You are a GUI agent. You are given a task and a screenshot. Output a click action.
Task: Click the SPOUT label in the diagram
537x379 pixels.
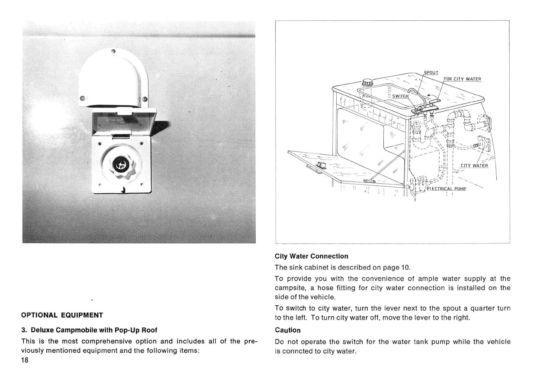[431, 73]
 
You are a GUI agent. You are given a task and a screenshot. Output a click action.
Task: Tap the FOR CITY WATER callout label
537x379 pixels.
[463, 79]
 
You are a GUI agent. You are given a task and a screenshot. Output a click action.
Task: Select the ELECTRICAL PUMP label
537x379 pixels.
[446, 188]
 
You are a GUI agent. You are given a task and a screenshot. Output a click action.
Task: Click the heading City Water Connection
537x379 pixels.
[312, 256]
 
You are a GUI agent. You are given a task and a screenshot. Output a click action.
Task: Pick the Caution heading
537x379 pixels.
[288, 330]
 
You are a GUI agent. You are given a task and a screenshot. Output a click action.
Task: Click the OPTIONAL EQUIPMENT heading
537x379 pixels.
[62, 315]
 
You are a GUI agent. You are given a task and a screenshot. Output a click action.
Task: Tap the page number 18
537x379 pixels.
[25, 361]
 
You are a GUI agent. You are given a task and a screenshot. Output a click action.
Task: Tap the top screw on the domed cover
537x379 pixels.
[113, 52]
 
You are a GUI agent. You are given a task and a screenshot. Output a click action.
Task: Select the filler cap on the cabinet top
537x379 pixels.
[367, 82]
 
